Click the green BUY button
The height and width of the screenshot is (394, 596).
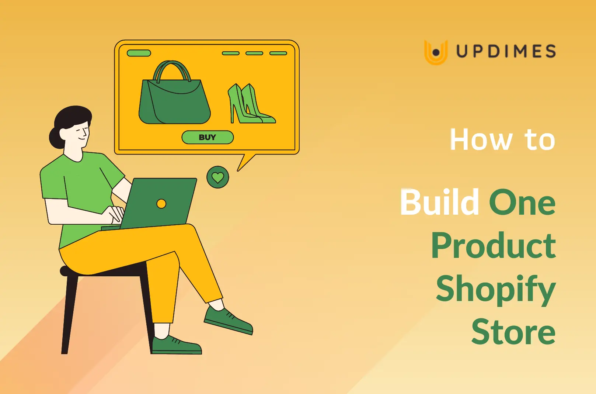click(208, 137)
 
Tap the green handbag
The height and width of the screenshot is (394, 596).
click(174, 103)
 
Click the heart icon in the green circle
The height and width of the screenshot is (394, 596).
click(217, 177)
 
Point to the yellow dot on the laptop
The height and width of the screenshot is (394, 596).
click(161, 204)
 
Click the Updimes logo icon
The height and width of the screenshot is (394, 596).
click(436, 52)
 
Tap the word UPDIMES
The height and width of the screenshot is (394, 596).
click(506, 51)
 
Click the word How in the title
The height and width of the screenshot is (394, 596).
click(481, 140)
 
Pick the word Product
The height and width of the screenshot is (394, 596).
click(493, 246)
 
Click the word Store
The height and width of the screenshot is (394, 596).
click(513, 332)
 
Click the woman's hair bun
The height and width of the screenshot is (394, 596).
click(56, 138)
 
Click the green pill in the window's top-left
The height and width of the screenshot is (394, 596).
click(139, 53)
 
